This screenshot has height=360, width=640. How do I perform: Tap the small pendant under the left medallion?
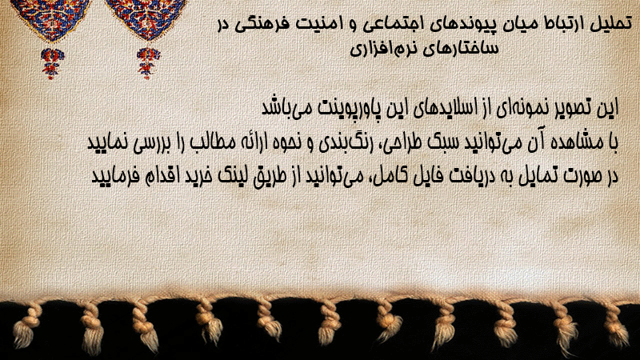[x=52, y=63]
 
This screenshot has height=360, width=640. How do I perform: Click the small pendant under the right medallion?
[x=148, y=63]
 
